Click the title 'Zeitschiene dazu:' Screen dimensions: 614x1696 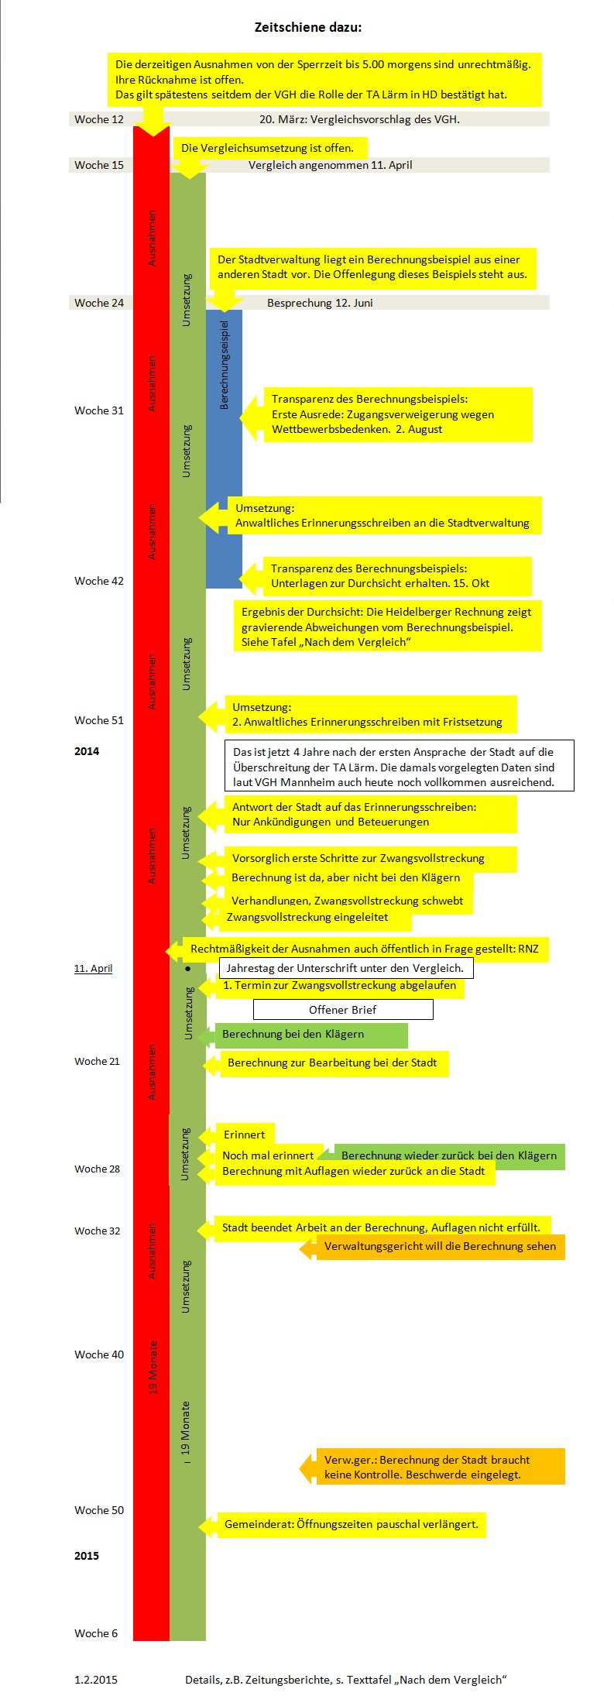pos(307,27)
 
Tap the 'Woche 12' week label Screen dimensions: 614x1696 pos(98,119)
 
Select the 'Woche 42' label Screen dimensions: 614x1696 pos(98,581)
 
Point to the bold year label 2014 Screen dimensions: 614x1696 pos(87,751)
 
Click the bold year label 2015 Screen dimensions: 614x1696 pos(87,1556)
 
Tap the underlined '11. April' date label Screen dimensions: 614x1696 pos(93,968)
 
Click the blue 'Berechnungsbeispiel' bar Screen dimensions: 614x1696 pos(224,448)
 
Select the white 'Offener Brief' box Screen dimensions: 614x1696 pos(343,1010)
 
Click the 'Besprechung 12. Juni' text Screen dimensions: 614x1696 pos(320,303)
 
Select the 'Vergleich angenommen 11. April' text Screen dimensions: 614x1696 pos(330,165)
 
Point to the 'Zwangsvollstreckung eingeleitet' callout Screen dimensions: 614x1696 pos(307,918)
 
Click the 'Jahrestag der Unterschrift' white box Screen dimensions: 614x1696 pos(346,968)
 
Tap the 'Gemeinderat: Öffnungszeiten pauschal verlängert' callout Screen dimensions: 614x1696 pos(343,1525)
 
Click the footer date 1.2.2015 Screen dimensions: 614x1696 pos(96,1680)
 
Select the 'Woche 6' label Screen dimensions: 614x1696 pos(96,1633)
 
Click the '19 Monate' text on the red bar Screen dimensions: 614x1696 pos(153,1368)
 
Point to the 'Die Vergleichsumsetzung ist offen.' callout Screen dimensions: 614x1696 pos(267,148)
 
